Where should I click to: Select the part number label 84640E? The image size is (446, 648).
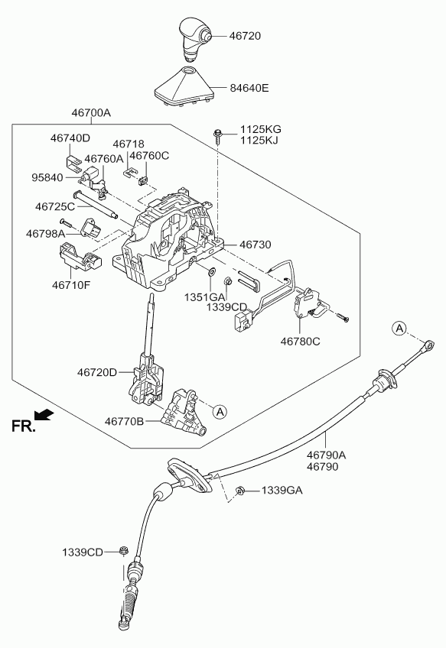coord(249,88)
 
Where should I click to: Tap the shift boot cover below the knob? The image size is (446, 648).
coord(184,86)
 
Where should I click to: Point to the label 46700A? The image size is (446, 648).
coord(91,113)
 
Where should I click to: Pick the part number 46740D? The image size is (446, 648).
coord(70,138)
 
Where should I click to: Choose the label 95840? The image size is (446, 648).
coord(47,178)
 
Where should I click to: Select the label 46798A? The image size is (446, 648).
coord(45,234)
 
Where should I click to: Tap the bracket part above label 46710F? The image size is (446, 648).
coord(80,257)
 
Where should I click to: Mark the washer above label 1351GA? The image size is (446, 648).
coord(211,272)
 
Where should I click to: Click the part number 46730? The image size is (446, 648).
coord(256,245)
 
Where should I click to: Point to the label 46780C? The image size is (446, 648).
coord(301,342)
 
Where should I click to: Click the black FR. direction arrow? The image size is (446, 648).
coord(44,414)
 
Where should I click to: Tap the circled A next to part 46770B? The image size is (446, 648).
coord(220,412)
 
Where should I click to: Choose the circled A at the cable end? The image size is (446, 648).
coord(399,329)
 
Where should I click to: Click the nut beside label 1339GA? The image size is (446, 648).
coord(239,491)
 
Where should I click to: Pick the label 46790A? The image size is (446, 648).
coord(327,455)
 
